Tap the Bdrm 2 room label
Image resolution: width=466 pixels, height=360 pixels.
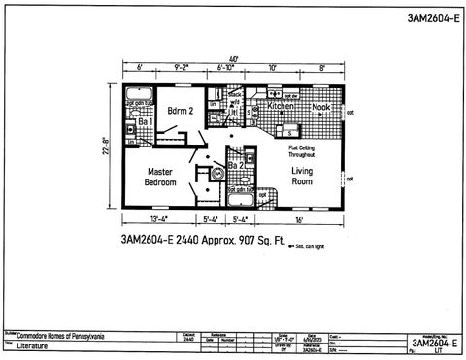pos(182,111)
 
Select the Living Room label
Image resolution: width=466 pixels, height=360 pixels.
pos(305,176)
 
